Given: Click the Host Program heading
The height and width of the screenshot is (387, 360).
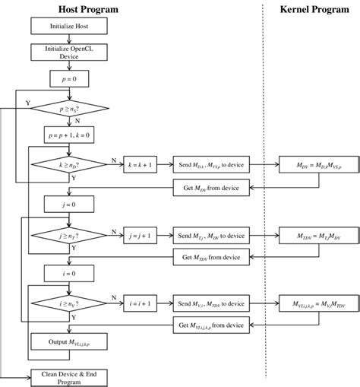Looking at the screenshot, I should [89, 9].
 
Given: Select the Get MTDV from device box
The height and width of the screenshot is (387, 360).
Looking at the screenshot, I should [212, 258].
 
